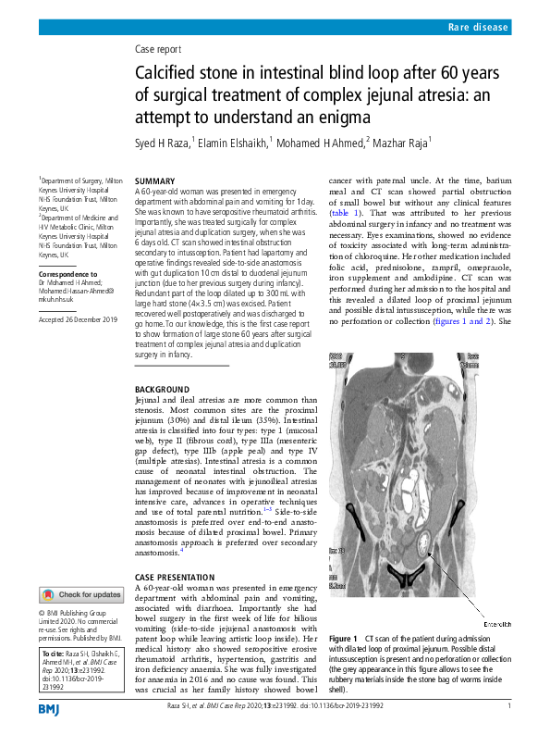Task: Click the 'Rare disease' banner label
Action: pos(478,29)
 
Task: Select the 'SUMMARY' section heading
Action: pos(153,181)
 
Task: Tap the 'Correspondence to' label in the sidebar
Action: pos(67,276)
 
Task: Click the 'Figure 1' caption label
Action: pos(343,640)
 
